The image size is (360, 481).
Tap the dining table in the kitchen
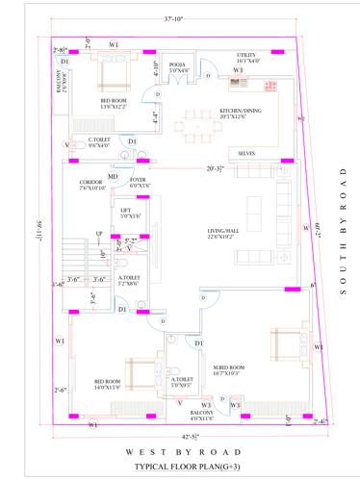tap(202, 125)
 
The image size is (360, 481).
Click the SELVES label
tap(246, 153)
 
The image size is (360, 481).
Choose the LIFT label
tap(125, 213)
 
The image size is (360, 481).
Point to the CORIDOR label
tap(90, 183)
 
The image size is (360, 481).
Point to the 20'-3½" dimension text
tap(216, 169)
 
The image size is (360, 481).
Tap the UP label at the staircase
tap(98, 234)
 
